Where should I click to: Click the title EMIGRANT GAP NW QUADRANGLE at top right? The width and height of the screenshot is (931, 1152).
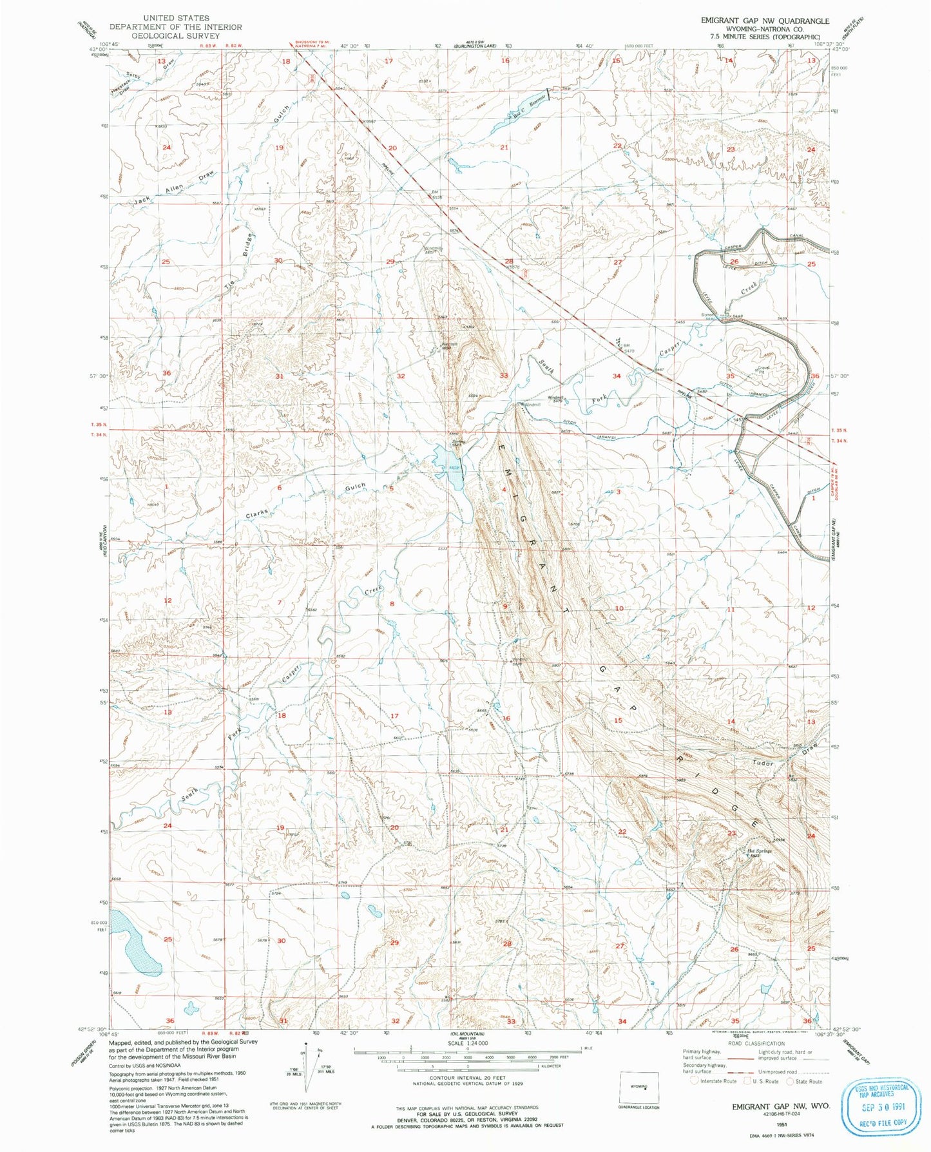pyautogui.click(x=765, y=21)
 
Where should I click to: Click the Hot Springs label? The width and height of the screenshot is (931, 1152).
pyautogui.click(x=760, y=850)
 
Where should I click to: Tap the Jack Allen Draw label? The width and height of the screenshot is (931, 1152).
pyautogui.click(x=175, y=189)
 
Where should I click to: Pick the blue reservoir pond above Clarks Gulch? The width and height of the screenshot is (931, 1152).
pyautogui.click(x=450, y=466)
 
